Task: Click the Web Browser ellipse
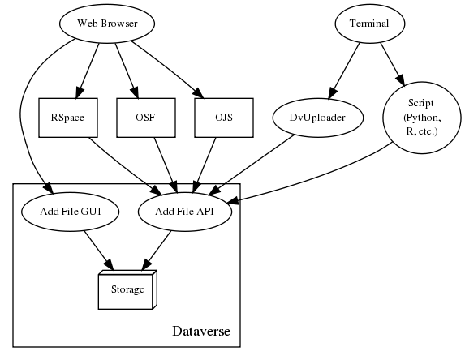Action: (x=107, y=24)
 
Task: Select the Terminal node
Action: (x=370, y=24)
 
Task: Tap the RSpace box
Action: (x=68, y=118)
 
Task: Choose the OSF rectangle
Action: (x=146, y=118)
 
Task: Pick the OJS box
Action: (x=224, y=118)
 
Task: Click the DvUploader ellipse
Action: (x=317, y=118)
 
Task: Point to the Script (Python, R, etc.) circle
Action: (x=422, y=118)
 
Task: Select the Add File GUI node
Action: (x=71, y=212)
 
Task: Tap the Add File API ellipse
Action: (x=184, y=212)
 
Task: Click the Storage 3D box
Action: (x=127, y=289)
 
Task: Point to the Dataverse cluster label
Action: (x=201, y=332)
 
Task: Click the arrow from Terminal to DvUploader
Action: (x=344, y=71)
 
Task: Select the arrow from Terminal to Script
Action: (x=392, y=65)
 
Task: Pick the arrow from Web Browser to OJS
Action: (x=168, y=70)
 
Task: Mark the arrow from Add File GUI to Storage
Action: (x=99, y=251)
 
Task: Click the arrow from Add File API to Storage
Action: (x=157, y=251)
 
